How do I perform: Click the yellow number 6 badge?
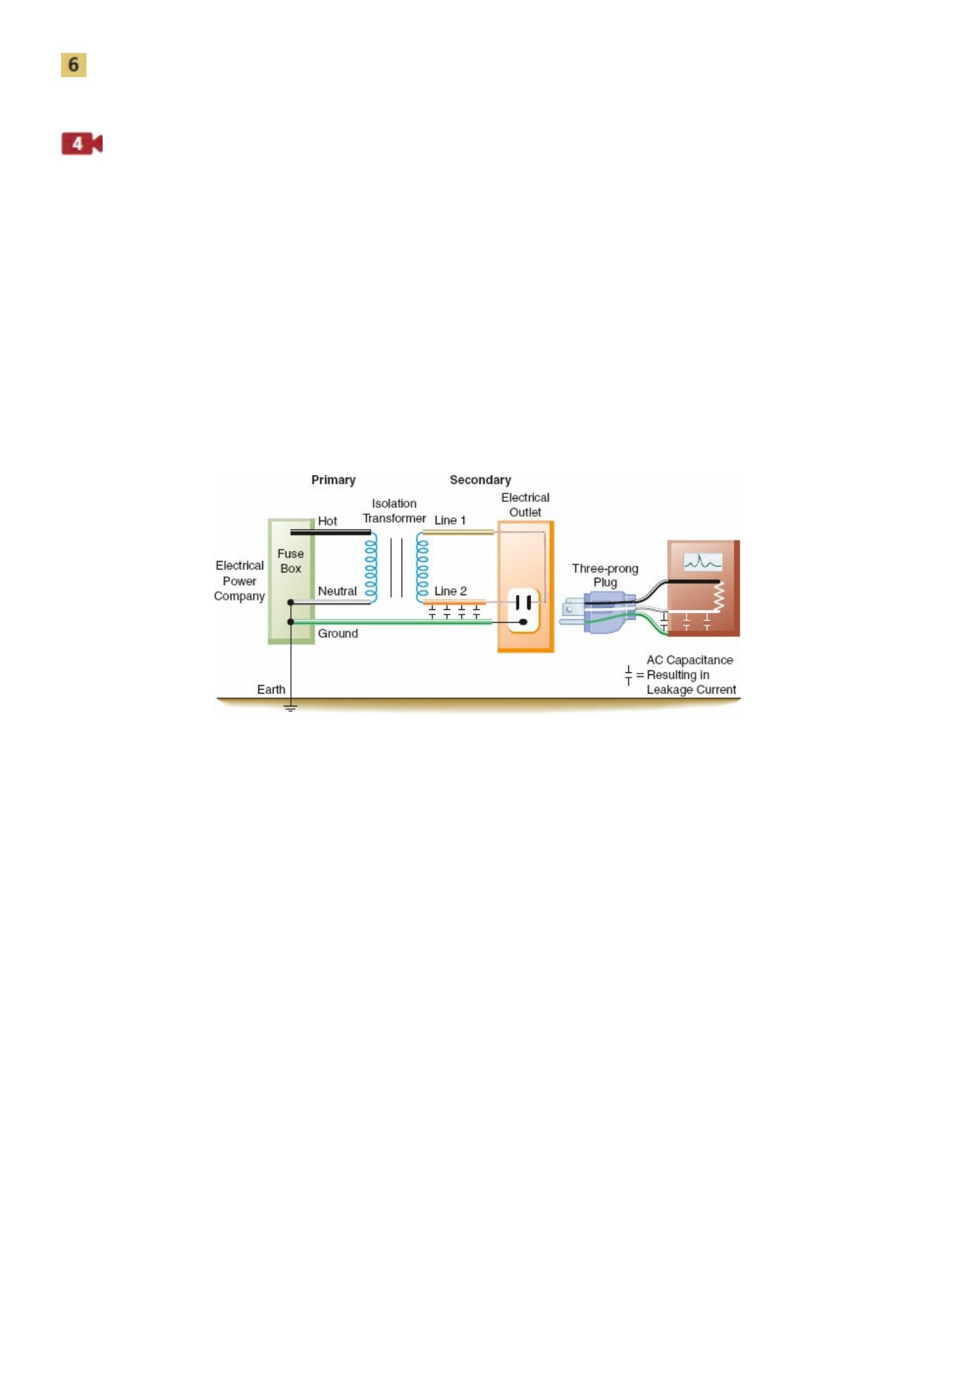tap(74, 65)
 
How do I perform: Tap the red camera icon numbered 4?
tap(82, 143)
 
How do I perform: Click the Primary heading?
tap(333, 480)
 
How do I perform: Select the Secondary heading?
tap(480, 480)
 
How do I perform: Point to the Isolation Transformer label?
tap(394, 511)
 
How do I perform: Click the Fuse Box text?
tap(290, 561)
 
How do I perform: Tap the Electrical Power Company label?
tap(239, 580)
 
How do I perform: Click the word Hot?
tap(327, 521)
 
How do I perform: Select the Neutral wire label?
tap(337, 591)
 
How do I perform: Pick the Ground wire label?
tap(338, 633)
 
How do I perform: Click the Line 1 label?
tap(450, 520)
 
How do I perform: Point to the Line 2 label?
tap(451, 591)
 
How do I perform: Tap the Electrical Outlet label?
tap(525, 505)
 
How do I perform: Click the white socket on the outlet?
tap(524, 611)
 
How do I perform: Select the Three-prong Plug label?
tap(605, 575)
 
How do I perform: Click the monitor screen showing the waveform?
tap(702, 562)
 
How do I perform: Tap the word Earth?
tap(271, 690)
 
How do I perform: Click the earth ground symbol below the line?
tap(290, 708)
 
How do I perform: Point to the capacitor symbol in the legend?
tap(628, 676)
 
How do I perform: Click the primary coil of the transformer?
tap(371, 567)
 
